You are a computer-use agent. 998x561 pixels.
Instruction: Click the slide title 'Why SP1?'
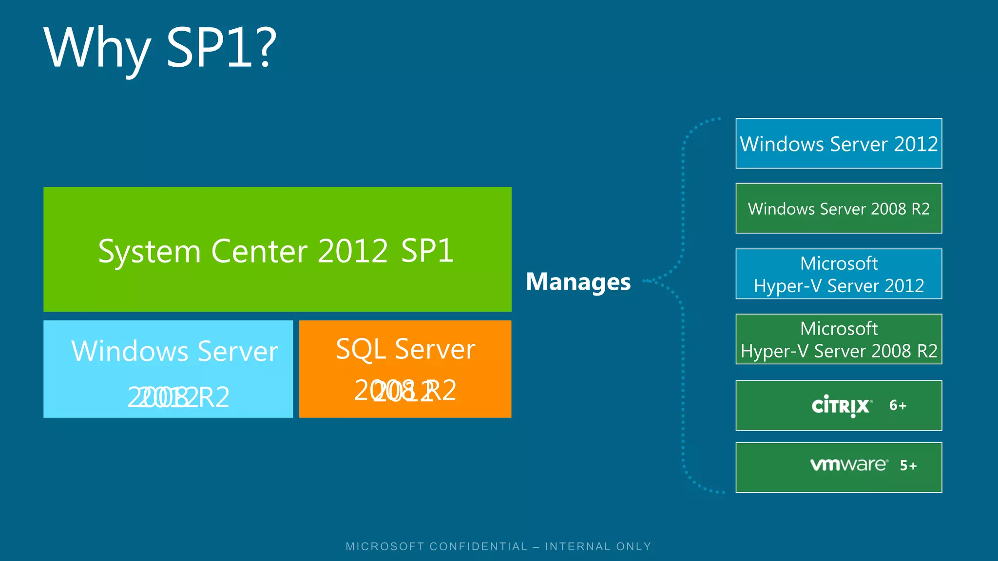pyautogui.click(x=160, y=48)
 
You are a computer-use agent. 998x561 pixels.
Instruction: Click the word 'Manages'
pyautogui.click(x=578, y=281)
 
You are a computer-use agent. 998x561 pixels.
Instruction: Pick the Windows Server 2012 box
pyautogui.click(x=838, y=143)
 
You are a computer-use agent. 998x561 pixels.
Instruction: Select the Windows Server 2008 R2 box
pyautogui.click(x=838, y=208)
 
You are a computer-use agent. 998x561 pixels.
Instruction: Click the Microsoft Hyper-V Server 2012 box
pyautogui.click(x=838, y=274)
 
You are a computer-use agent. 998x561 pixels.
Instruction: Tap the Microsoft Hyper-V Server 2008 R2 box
pyautogui.click(x=838, y=339)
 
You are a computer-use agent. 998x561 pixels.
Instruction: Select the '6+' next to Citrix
pyautogui.click(x=898, y=405)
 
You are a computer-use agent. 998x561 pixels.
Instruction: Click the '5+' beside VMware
pyautogui.click(x=908, y=466)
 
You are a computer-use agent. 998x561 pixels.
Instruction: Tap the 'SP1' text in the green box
pyautogui.click(x=427, y=251)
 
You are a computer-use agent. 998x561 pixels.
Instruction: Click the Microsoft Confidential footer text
pyautogui.click(x=499, y=546)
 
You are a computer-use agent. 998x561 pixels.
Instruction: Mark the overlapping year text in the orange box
pyautogui.click(x=405, y=390)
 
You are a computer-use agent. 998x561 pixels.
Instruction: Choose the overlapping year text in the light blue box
pyautogui.click(x=178, y=397)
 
